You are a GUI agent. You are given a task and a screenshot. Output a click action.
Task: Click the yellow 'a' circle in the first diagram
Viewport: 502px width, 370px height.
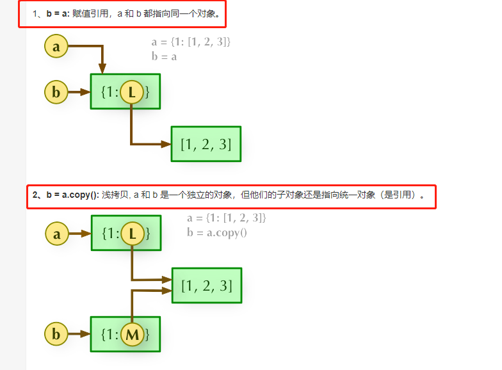point(56,46)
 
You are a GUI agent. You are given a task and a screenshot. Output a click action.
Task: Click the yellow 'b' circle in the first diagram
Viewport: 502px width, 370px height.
point(56,92)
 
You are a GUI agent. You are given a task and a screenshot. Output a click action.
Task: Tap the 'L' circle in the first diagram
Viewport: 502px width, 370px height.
point(131,92)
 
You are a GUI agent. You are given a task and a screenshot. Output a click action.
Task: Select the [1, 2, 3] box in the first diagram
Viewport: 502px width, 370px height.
point(206,144)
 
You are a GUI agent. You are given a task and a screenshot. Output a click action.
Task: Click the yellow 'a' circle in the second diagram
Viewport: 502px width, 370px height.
point(57,234)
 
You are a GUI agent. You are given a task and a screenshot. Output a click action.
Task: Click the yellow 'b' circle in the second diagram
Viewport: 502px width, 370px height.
point(56,334)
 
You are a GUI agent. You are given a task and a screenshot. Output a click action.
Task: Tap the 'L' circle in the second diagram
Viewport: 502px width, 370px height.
point(132,234)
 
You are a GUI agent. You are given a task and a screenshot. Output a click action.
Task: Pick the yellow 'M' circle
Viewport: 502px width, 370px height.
point(132,334)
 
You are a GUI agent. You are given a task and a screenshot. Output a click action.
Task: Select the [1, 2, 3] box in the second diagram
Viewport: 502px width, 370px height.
point(206,286)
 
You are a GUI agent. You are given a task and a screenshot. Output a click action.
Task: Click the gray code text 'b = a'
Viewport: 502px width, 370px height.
point(164,56)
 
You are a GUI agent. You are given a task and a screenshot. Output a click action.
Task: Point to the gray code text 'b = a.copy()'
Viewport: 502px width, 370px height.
point(216,232)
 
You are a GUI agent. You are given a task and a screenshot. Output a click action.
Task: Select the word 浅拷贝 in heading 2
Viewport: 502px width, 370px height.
point(114,195)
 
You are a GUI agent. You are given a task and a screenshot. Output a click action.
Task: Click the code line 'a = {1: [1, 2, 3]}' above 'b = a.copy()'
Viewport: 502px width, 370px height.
point(226,218)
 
